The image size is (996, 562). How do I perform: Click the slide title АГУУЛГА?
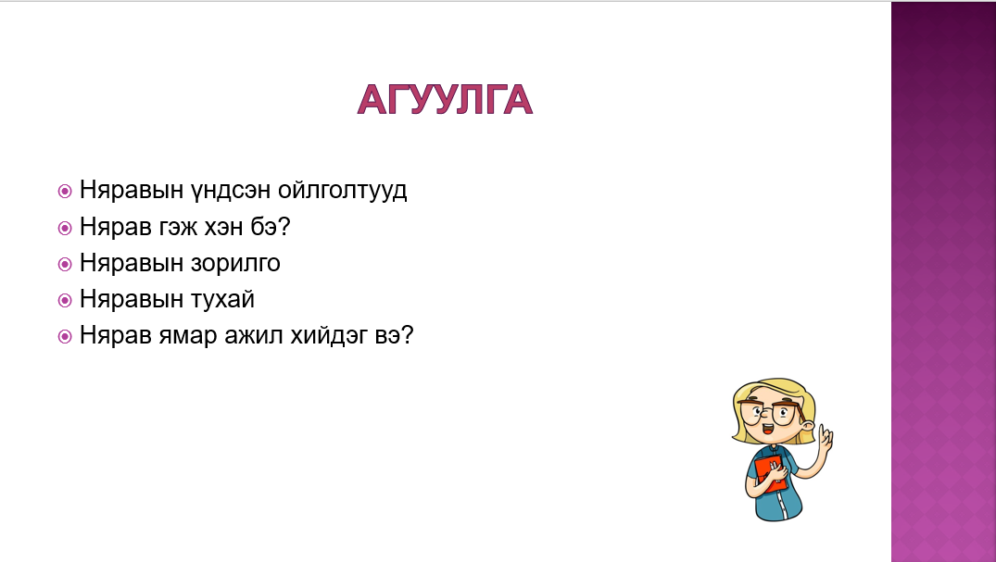[445, 100]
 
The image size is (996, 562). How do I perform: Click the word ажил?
[254, 335]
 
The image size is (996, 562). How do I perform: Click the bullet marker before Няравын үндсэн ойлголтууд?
[65, 191]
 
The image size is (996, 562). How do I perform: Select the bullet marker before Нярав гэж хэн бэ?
[65, 228]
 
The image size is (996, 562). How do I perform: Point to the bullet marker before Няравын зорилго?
[65, 264]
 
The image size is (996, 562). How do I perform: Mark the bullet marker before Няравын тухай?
[65, 300]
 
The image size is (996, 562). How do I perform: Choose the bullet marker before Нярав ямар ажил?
[65, 336]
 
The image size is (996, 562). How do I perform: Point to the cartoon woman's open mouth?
[767, 429]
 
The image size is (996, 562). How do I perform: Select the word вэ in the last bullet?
[394, 335]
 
